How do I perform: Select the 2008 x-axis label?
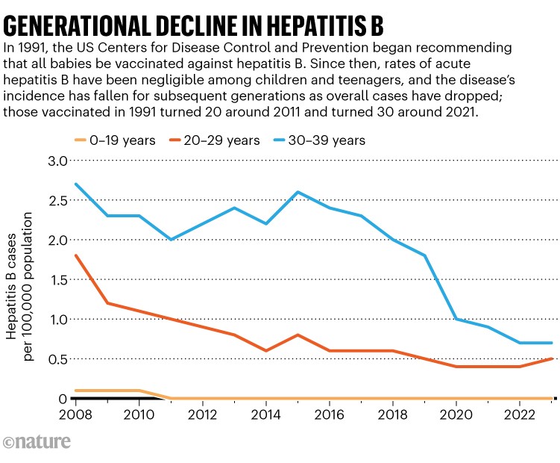(x=75, y=414)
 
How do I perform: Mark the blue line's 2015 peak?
(x=298, y=192)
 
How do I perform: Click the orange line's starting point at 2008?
(x=76, y=255)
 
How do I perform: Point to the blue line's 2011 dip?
(x=172, y=240)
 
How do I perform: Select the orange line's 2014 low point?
(x=266, y=351)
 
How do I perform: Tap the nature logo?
(x=37, y=443)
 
